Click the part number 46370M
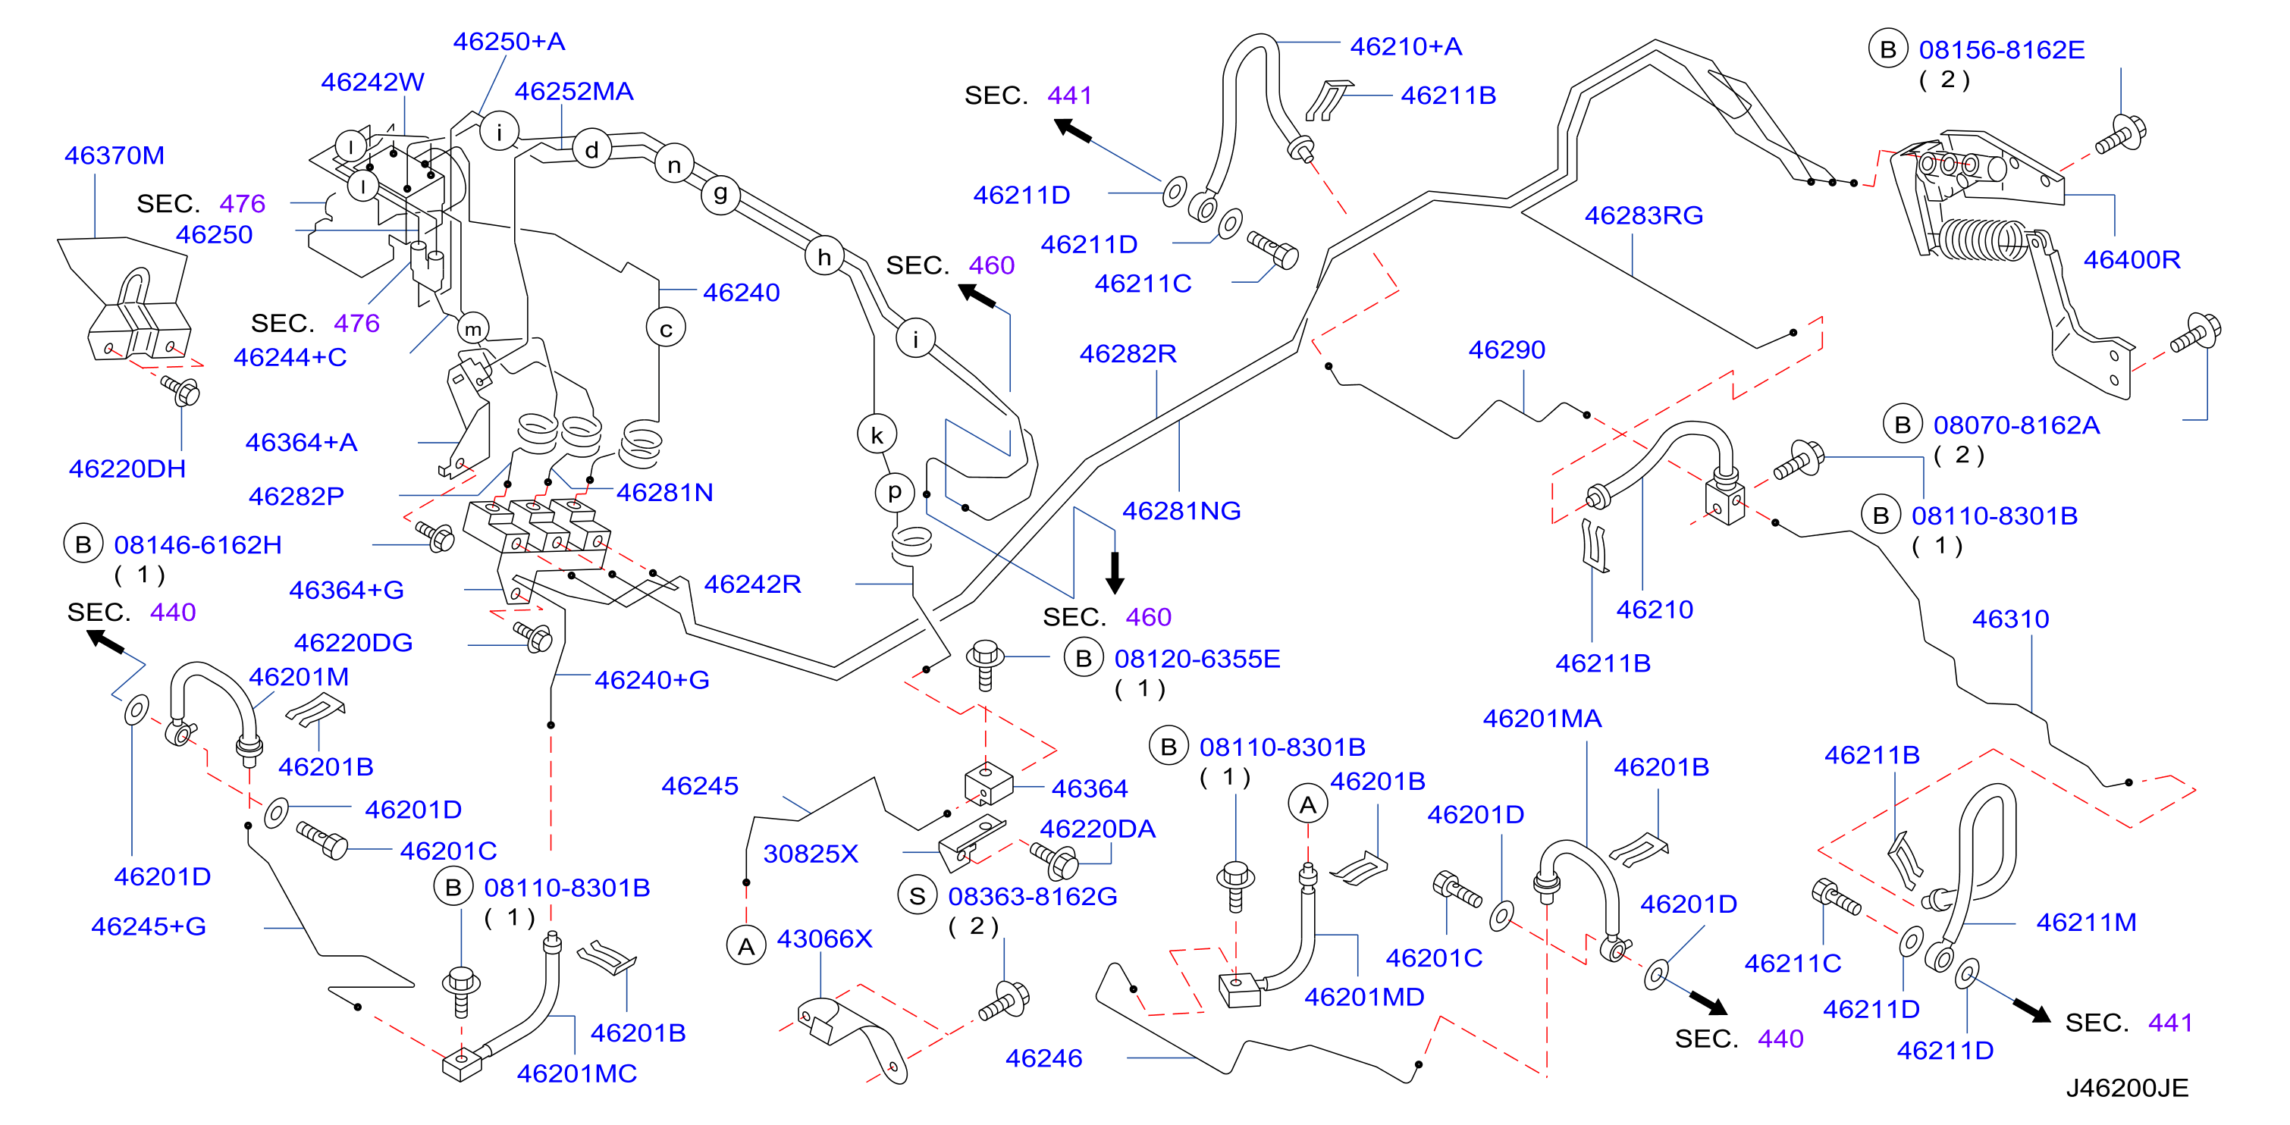[x=114, y=155]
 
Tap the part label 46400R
[x=2132, y=259]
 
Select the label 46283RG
[x=1644, y=215]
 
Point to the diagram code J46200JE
[x=2126, y=1088]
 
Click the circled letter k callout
[x=877, y=434]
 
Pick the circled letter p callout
[x=894, y=491]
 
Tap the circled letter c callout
[x=666, y=329]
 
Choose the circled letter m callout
[x=473, y=329]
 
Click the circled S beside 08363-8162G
[x=918, y=896]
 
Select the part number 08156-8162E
[x=2001, y=50]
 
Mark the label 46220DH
[x=127, y=468]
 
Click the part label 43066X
[x=824, y=939]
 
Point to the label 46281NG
[x=1181, y=511]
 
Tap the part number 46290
[x=1507, y=349]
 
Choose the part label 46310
[x=2011, y=619]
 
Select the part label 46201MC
[x=577, y=1073]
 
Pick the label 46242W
[x=372, y=82]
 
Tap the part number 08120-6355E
[x=1197, y=659]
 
